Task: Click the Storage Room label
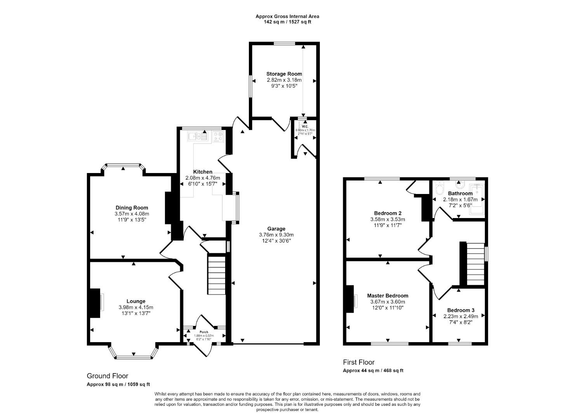click(284, 74)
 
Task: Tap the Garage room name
click(276, 229)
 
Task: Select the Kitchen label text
click(203, 171)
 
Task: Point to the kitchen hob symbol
click(218, 137)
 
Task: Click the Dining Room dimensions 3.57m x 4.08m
click(132, 214)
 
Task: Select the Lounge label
click(136, 301)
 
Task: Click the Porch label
click(204, 332)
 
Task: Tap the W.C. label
click(305, 126)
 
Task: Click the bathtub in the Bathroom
click(477, 199)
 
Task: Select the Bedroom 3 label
click(460, 310)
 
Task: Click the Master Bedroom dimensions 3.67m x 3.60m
click(387, 302)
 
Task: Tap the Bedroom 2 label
click(387, 213)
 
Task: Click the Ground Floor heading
click(107, 376)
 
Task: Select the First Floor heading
click(359, 362)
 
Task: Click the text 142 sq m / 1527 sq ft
click(287, 22)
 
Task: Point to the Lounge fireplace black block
click(95, 303)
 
